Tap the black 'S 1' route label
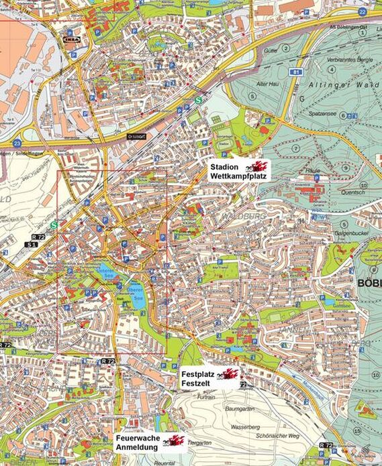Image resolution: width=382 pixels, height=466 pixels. pyautogui.click(x=30, y=245)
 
